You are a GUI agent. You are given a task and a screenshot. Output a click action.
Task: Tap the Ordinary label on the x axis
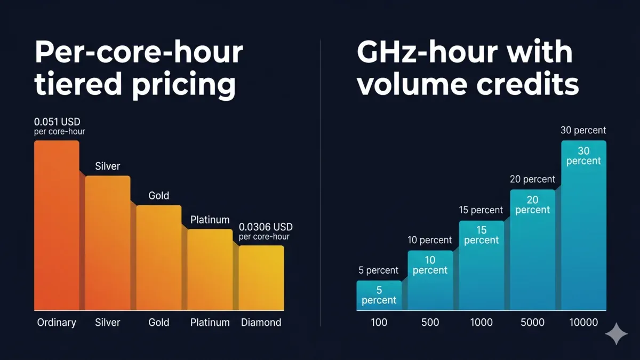point(57,322)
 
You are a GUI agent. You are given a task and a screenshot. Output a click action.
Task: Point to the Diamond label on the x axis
point(261,322)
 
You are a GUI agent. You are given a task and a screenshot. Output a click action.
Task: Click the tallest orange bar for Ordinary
point(57,224)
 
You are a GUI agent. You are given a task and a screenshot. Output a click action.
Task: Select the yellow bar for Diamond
point(261,277)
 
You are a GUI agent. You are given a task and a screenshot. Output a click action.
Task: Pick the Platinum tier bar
point(210,269)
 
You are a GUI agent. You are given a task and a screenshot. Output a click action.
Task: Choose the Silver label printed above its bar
point(108,166)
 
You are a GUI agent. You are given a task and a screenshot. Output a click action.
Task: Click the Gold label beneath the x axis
point(159,322)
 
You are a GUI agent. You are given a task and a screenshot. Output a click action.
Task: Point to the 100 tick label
point(379,322)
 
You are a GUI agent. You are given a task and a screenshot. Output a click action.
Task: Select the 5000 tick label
point(532,322)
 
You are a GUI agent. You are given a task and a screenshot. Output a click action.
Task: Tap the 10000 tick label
point(583,322)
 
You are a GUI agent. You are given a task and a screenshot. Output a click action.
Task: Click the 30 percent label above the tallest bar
point(583,130)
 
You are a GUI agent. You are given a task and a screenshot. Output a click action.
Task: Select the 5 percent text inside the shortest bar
point(379,295)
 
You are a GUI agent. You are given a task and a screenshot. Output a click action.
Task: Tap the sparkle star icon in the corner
point(616,334)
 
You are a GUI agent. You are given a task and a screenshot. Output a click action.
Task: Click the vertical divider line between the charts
point(320,181)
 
